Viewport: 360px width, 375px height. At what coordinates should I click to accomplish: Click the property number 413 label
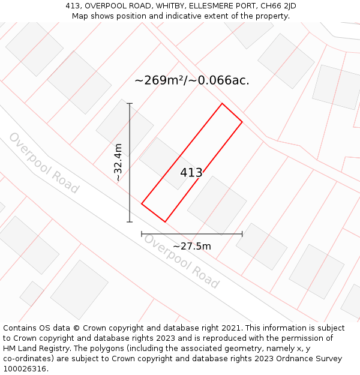[x=191, y=173]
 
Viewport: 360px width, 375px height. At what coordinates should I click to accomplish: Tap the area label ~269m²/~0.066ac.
[x=191, y=80]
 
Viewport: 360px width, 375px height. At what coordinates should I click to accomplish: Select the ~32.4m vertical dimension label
[x=118, y=162]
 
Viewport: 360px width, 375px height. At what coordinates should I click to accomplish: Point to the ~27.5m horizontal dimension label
[x=192, y=246]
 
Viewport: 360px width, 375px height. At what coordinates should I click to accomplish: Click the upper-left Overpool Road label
[x=43, y=163]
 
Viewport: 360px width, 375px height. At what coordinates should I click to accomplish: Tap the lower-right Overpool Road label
[x=181, y=260]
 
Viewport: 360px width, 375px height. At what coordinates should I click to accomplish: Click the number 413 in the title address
[x=73, y=6]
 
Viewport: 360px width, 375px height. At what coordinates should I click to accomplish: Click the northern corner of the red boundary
[x=223, y=104]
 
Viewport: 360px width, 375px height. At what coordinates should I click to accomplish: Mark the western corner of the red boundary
[x=142, y=204]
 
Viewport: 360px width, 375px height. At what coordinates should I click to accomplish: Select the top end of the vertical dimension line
[x=130, y=104]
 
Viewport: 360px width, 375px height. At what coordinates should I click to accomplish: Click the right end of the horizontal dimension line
[x=242, y=234]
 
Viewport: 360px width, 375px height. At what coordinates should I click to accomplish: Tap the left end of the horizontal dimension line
[x=142, y=234]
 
